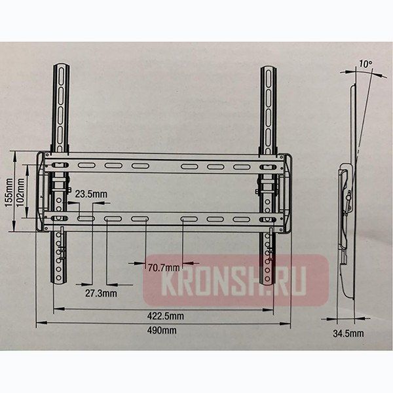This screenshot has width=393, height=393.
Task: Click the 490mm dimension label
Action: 162,330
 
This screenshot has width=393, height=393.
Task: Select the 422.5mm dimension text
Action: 166,316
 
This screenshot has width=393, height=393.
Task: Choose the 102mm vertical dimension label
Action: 21,191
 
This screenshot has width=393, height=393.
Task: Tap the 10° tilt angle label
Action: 364,65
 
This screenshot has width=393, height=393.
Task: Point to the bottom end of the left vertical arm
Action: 60,282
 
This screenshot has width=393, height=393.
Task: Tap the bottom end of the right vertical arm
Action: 268,282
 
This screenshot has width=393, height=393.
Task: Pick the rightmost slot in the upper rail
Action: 241,166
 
